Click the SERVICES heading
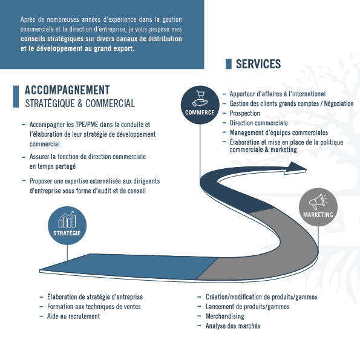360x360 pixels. pos(258,64)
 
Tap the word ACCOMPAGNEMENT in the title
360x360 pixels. pos(67,90)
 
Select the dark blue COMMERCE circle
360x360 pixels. pos(200,105)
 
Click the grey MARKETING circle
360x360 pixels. pos(318,207)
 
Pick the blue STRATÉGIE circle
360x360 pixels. pos(67,226)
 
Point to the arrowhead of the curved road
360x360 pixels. pos(296,168)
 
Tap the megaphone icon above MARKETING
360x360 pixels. pos(318,201)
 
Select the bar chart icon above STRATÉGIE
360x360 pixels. pos(67,220)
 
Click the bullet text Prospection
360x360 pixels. pos(245,113)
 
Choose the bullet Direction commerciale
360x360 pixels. pos(259,123)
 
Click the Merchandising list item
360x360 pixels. pos(224,316)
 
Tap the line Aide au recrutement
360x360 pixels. pos(73,316)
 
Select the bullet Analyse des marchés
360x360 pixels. pos(233,326)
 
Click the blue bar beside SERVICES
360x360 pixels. pos(229,64)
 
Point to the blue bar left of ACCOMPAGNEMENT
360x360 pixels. pos(16,97)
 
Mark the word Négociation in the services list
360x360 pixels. pos(339,104)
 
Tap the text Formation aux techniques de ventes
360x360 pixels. pos(94,307)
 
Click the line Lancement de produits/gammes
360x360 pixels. pos(247,307)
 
